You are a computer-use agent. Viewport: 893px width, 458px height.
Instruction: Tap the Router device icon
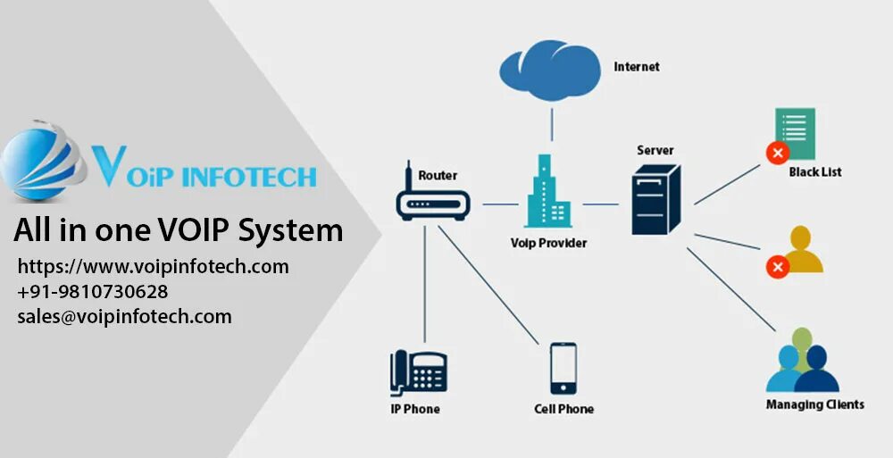pos(432,200)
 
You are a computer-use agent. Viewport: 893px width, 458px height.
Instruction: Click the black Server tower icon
pos(655,199)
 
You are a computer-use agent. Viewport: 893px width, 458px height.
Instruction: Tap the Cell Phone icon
pos(563,368)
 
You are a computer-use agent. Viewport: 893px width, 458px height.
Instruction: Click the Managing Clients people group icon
pos(803,362)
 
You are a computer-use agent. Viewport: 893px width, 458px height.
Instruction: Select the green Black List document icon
pos(795,134)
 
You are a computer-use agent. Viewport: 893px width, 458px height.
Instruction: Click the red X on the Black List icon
pos(777,153)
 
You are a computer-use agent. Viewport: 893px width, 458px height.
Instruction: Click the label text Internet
pos(637,67)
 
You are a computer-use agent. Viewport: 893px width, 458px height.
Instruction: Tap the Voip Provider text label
pos(548,242)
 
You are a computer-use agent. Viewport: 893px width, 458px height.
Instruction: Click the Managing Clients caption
pos(814,404)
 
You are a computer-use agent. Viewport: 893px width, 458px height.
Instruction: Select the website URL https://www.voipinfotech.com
pos(154,266)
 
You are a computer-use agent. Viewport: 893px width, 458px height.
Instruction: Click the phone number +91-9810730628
pos(93,291)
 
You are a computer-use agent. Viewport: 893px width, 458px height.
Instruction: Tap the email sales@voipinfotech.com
pos(124,316)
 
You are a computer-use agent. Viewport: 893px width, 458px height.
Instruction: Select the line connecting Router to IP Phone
pos(425,286)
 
